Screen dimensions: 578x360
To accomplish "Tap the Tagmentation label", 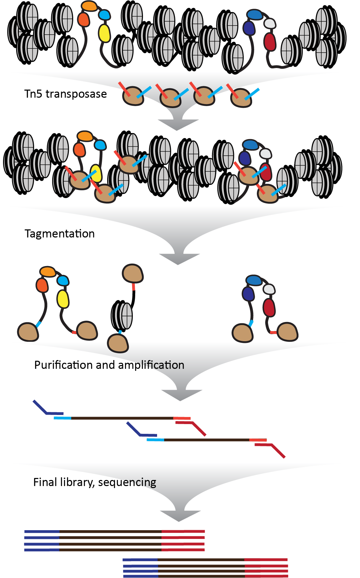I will pos(60,234).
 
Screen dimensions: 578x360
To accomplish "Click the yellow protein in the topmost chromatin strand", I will pos(104,33).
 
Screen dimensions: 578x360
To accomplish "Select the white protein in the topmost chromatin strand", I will pos(270,23).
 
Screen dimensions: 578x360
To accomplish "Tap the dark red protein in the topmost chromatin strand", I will pos(270,41).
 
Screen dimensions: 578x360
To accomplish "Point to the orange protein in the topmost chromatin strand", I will pos(89,6).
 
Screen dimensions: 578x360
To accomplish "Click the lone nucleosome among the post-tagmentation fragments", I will pos(122,316).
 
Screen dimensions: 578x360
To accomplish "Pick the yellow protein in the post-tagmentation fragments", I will pos(63,299).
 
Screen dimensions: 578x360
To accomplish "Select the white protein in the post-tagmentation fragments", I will pos(269,289).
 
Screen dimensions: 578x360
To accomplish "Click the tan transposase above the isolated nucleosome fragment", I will pos(133,273).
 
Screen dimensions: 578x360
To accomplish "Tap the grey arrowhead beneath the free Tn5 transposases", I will pos(178,125).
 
